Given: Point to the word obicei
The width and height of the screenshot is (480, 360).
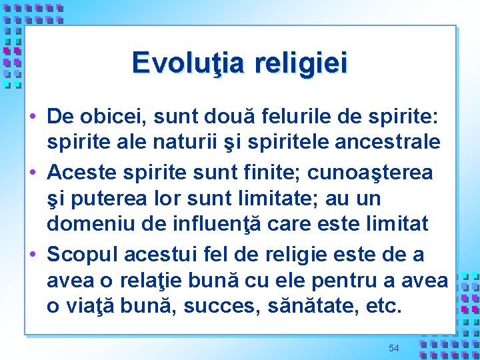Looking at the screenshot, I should point(116,117).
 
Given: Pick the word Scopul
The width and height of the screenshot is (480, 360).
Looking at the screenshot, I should point(82,254).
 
